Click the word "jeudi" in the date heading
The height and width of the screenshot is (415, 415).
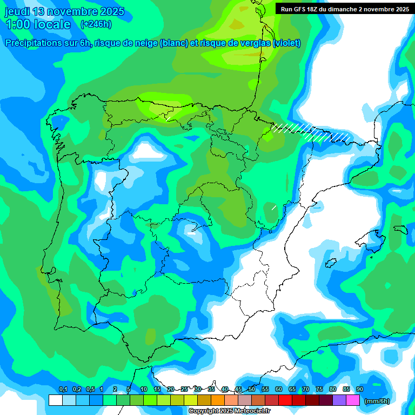tap(19, 12)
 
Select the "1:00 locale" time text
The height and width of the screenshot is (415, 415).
tap(38, 24)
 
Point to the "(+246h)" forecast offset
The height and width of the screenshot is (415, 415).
tap(96, 24)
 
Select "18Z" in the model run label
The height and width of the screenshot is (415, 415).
tap(314, 9)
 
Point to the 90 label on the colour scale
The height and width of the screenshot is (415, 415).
tap(359, 390)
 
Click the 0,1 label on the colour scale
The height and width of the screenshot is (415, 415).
tap(63, 390)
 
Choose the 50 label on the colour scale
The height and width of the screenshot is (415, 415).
tap(252, 390)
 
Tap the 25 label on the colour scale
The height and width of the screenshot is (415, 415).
tap(184, 390)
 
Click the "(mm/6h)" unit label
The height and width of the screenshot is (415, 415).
tap(377, 401)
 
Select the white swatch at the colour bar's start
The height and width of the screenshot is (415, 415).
tap(55, 400)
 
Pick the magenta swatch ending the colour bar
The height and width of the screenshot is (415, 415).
tap(353, 400)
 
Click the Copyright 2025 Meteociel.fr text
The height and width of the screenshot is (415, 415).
tap(230, 411)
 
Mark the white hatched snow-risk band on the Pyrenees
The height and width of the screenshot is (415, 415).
tap(311, 132)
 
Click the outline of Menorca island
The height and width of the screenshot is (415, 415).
tap(400, 229)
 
